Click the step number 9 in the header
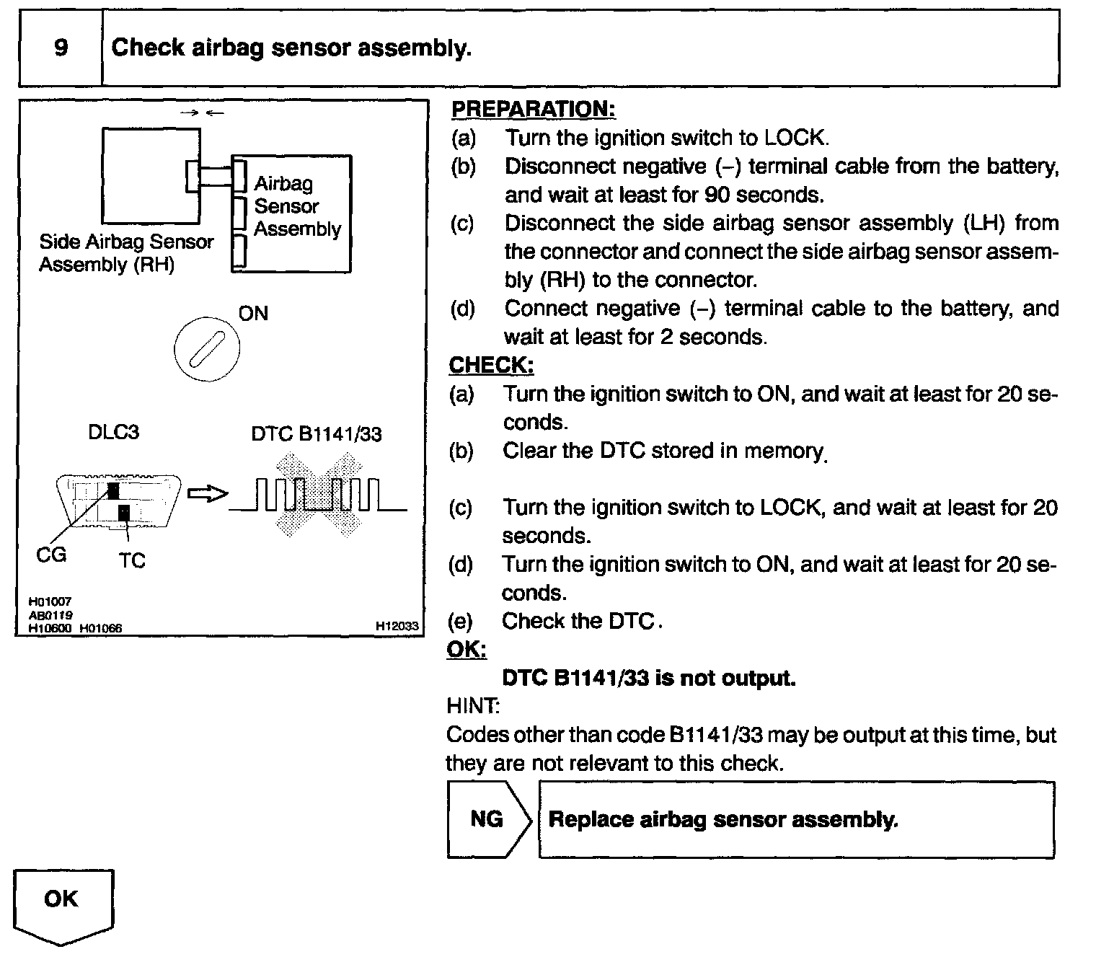(x=61, y=48)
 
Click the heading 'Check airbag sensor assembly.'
(x=291, y=48)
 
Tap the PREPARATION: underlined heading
(x=533, y=110)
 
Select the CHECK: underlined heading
(x=491, y=366)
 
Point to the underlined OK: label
(x=467, y=650)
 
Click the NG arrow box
(x=488, y=819)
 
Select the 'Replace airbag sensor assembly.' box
(x=796, y=820)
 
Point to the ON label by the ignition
(x=253, y=313)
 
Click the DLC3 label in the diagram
(x=113, y=433)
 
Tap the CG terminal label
(x=51, y=555)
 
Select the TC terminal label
(x=132, y=560)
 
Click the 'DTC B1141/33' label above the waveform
(x=317, y=434)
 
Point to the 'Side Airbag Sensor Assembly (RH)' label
(x=126, y=253)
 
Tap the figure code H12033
(x=397, y=627)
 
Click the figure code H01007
(x=50, y=602)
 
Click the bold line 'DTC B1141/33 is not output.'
(x=649, y=679)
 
